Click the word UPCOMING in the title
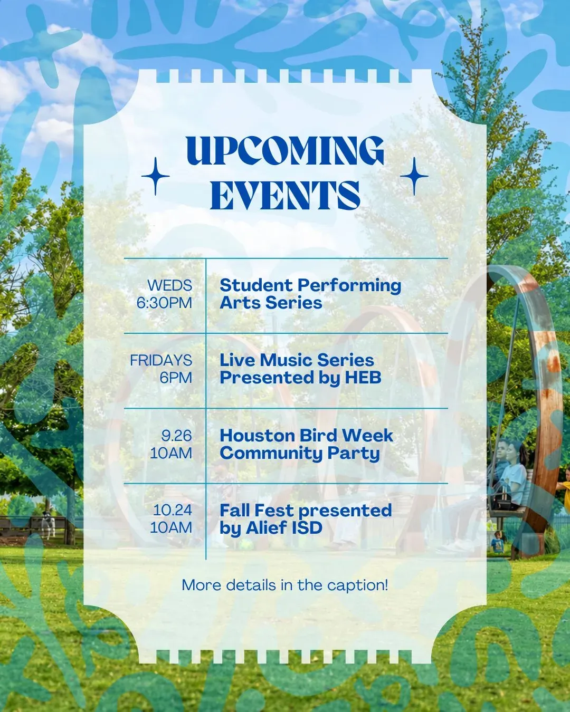(x=285, y=151)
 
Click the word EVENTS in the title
(x=285, y=195)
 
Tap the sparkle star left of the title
(x=156, y=176)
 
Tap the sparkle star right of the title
(x=414, y=176)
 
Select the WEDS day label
(x=169, y=285)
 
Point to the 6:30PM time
(x=164, y=303)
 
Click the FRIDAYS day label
(x=161, y=360)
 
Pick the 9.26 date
(x=176, y=436)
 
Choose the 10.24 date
(x=172, y=510)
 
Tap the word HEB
(x=363, y=378)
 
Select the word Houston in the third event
(x=256, y=436)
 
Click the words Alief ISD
(x=284, y=528)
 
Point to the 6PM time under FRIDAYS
(x=176, y=378)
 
